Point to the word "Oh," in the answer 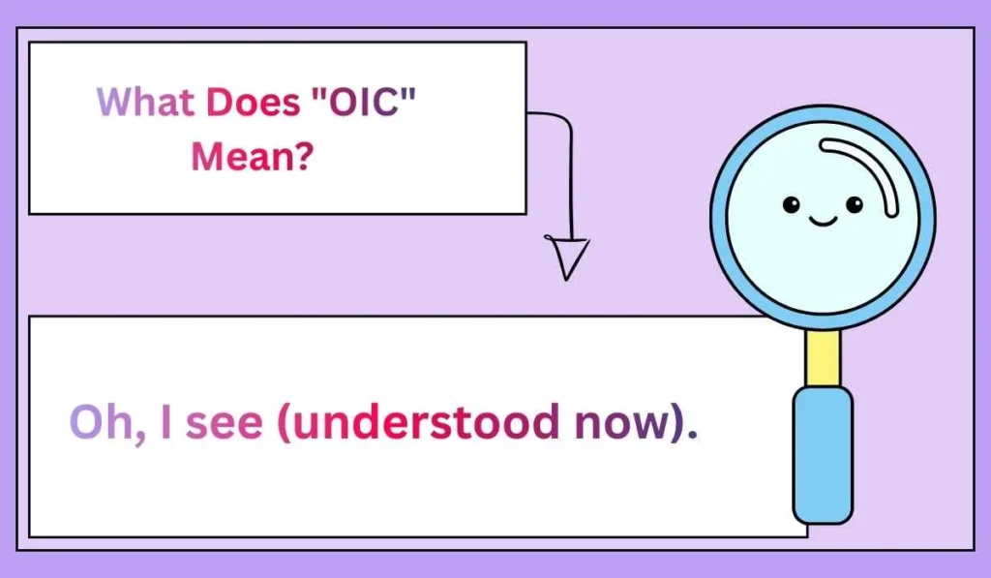[105, 423]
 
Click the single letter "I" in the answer [165, 423]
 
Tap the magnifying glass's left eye [791, 204]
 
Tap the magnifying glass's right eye [854, 204]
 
